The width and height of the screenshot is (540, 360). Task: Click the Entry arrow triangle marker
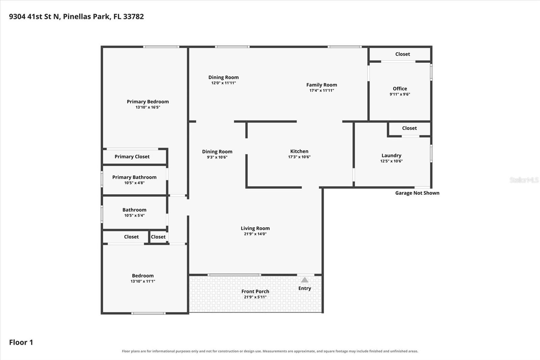click(305, 280)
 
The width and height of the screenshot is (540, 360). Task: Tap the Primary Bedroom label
click(148, 102)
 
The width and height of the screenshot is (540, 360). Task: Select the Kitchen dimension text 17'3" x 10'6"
click(299, 157)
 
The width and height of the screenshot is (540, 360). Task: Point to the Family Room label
click(322, 85)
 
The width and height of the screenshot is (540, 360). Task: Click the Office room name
click(400, 88)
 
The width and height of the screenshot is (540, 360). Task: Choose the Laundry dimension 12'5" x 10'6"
click(391, 161)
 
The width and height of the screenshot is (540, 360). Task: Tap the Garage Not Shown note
click(417, 193)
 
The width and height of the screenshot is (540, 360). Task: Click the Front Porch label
click(255, 291)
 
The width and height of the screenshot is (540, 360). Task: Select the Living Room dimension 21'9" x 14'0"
click(255, 234)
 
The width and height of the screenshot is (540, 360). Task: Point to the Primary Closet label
click(132, 157)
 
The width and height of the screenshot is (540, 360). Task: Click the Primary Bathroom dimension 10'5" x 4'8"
click(134, 183)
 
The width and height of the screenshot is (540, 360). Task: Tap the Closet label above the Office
click(403, 54)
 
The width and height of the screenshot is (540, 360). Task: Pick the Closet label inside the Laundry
click(409, 128)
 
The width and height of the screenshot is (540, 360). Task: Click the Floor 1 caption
click(21, 342)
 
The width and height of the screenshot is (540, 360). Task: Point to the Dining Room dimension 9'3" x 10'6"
click(217, 157)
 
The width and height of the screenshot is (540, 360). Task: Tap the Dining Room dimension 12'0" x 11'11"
click(223, 83)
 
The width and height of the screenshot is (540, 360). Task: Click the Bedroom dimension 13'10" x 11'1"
click(143, 281)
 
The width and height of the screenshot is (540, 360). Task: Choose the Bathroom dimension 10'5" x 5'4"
click(134, 215)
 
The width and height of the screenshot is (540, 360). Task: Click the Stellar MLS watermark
click(524, 180)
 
